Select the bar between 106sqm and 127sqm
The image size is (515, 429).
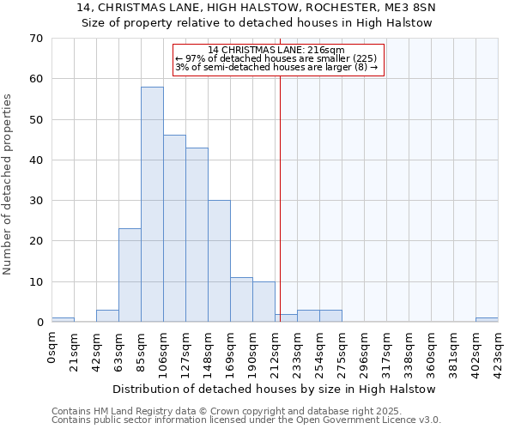coord(174,228)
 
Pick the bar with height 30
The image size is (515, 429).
coord(219,261)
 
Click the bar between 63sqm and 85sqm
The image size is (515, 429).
coord(130,275)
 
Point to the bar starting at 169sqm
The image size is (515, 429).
coord(241,299)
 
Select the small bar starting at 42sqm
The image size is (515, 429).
coord(107,316)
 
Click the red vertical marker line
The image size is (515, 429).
coord(280,214)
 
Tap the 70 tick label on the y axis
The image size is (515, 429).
coord(35,39)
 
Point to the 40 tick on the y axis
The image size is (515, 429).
coord(35,160)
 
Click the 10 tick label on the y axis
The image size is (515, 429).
coord(35,282)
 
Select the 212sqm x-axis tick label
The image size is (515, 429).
coord(276,351)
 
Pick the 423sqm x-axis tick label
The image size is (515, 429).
coord(498,351)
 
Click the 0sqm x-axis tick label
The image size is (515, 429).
coord(52,347)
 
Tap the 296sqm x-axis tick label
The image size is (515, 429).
coord(365,351)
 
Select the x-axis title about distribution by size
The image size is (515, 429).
coord(275,389)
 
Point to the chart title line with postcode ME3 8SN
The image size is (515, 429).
coord(257,8)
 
